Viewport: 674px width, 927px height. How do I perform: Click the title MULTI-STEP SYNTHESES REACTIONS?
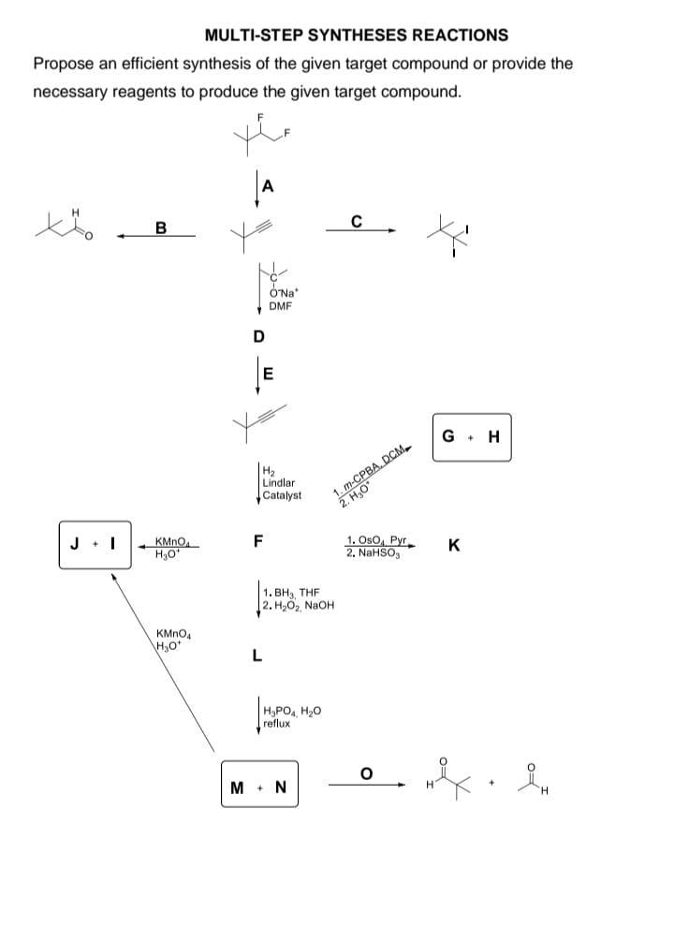point(356,35)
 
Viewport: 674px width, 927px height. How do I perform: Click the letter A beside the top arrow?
point(270,185)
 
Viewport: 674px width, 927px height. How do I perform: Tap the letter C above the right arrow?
point(356,222)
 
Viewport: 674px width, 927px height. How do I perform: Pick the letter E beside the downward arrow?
point(268,375)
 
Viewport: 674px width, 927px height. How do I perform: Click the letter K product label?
point(454,545)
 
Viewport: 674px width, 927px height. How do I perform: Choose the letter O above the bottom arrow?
point(367,772)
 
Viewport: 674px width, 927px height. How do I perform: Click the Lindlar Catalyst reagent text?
point(282,483)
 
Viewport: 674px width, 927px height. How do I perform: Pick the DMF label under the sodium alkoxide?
point(278,305)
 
